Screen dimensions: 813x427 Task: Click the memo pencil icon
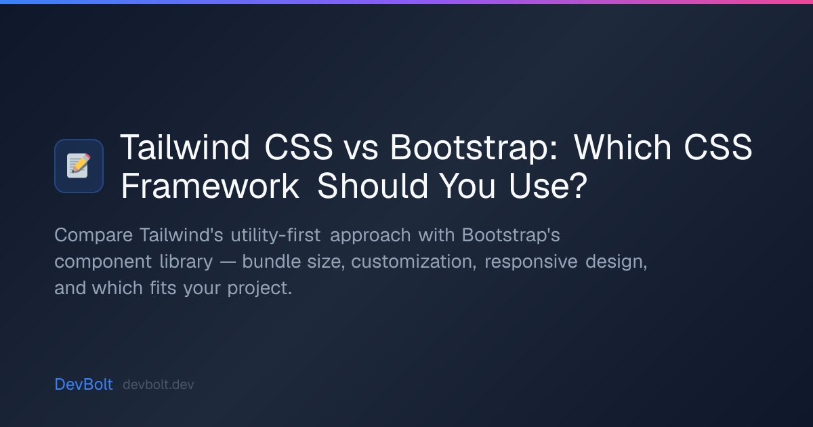[x=79, y=165]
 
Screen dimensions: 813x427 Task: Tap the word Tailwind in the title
[x=185, y=147]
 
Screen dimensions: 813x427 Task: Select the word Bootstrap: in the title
[x=474, y=148]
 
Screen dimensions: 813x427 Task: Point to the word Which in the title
[x=623, y=147]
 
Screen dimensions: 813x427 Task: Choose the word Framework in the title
[x=210, y=186]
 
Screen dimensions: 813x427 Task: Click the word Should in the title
[x=373, y=186]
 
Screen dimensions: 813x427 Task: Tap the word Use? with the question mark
[x=547, y=186]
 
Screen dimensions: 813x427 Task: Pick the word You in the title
[x=467, y=186]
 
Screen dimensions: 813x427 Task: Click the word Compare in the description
[x=93, y=235]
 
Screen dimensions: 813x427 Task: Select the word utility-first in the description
[x=276, y=235]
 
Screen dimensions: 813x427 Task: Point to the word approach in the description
[x=370, y=236]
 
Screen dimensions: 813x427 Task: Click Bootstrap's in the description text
[x=511, y=235]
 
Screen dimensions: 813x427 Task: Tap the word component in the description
[x=103, y=262]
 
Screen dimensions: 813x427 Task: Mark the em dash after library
[x=228, y=262]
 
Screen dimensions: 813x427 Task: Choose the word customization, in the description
[x=413, y=262]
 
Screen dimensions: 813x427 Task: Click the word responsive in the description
[x=530, y=262]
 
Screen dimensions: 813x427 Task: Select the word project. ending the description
[x=259, y=289]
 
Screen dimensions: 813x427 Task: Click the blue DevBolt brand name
[x=83, y=384]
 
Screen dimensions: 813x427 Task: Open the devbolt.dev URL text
[x=159, y=384]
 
